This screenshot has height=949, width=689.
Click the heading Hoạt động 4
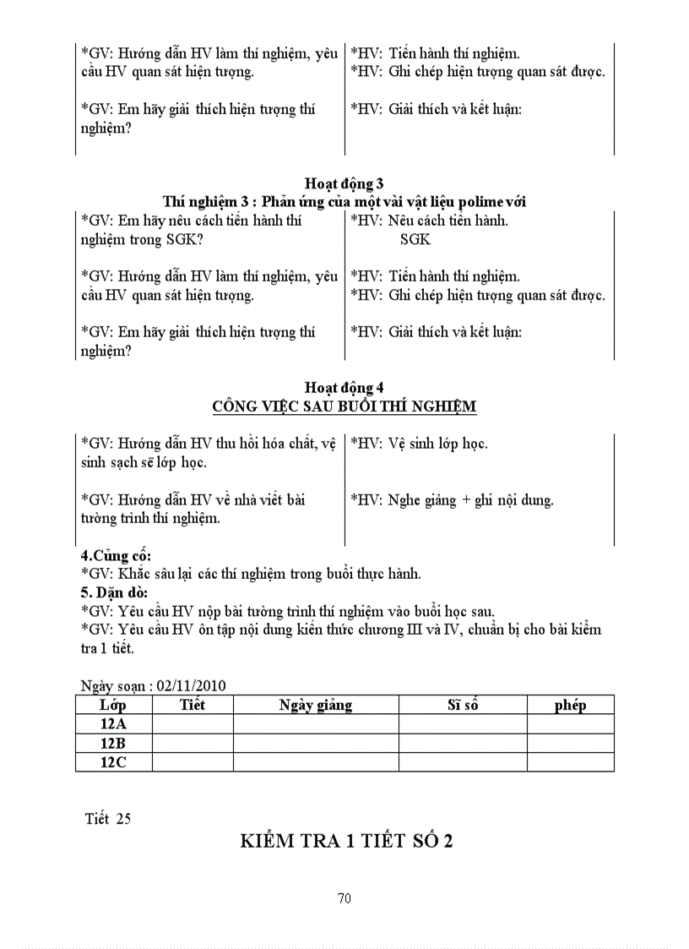tap(344, 388)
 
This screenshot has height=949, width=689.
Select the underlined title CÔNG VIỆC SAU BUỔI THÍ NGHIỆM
tap(344, 407)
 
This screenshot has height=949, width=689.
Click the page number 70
tap(344, 898)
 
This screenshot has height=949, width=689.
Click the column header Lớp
tap(114, 705)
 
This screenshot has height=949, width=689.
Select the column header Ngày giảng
tap(316, 705)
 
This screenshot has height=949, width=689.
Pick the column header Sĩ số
tap(463, 705)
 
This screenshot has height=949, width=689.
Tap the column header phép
tap(570, 705)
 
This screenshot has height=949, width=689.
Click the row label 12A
tap(114, 724)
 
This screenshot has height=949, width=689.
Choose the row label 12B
tap(114, 744)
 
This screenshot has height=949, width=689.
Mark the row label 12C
tap(114, 762)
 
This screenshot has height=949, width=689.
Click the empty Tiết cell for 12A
tap(193, 724)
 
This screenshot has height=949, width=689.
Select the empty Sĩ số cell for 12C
tap(463, 762)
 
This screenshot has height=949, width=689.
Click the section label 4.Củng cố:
tap(115, 555)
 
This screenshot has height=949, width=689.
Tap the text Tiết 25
tap(108, 818)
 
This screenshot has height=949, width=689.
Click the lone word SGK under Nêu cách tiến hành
tap(415, 239)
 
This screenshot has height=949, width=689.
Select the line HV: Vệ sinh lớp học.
tap(419, 444)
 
